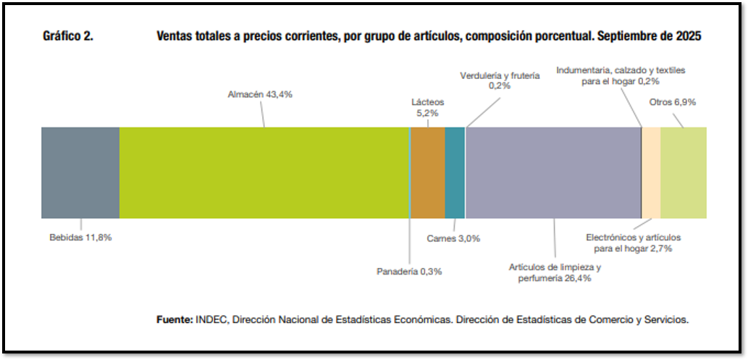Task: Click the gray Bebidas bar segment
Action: [80, 172]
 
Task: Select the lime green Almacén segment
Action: [264, 172]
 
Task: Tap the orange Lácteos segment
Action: [428, 172]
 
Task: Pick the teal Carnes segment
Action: [455, 172]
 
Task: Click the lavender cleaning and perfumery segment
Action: [553, 172]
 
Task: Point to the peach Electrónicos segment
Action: [651, 172]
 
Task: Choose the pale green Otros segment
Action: [684, 172]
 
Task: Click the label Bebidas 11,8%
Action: [80, 237]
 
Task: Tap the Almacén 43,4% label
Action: [260, 94]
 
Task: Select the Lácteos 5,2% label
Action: [428, 107]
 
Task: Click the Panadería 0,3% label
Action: [409, 272]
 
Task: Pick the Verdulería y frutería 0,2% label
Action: [500, 80]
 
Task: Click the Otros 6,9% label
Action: [673, 102]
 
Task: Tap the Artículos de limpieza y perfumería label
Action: [555, 272]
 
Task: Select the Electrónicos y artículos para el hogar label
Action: [633, 243]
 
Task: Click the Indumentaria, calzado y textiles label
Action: [621, 75]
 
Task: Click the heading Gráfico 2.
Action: [68, 36]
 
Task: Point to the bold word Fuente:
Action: [175, 319]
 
